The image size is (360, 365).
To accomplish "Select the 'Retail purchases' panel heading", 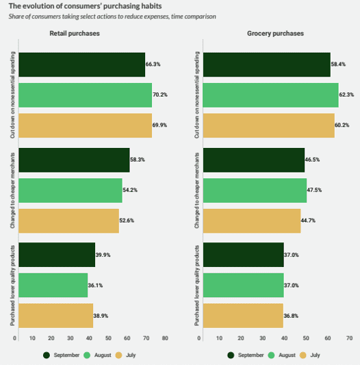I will (x=75, y=33).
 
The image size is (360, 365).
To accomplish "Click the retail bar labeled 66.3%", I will (x=81, y=64).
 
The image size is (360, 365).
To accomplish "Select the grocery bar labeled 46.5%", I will (x=254, y=159).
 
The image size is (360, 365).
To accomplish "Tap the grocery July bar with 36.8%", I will (x=244, y=316).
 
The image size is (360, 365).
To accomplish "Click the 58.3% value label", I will (x=139, y=159).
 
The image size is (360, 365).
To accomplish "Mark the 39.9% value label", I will (x=105, y=255).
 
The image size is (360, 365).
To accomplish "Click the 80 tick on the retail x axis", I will (x=165, y=338).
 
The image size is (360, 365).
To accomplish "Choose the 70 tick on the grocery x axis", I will (x=349, y=338).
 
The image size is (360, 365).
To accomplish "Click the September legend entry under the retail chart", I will (x=62, y=355).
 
